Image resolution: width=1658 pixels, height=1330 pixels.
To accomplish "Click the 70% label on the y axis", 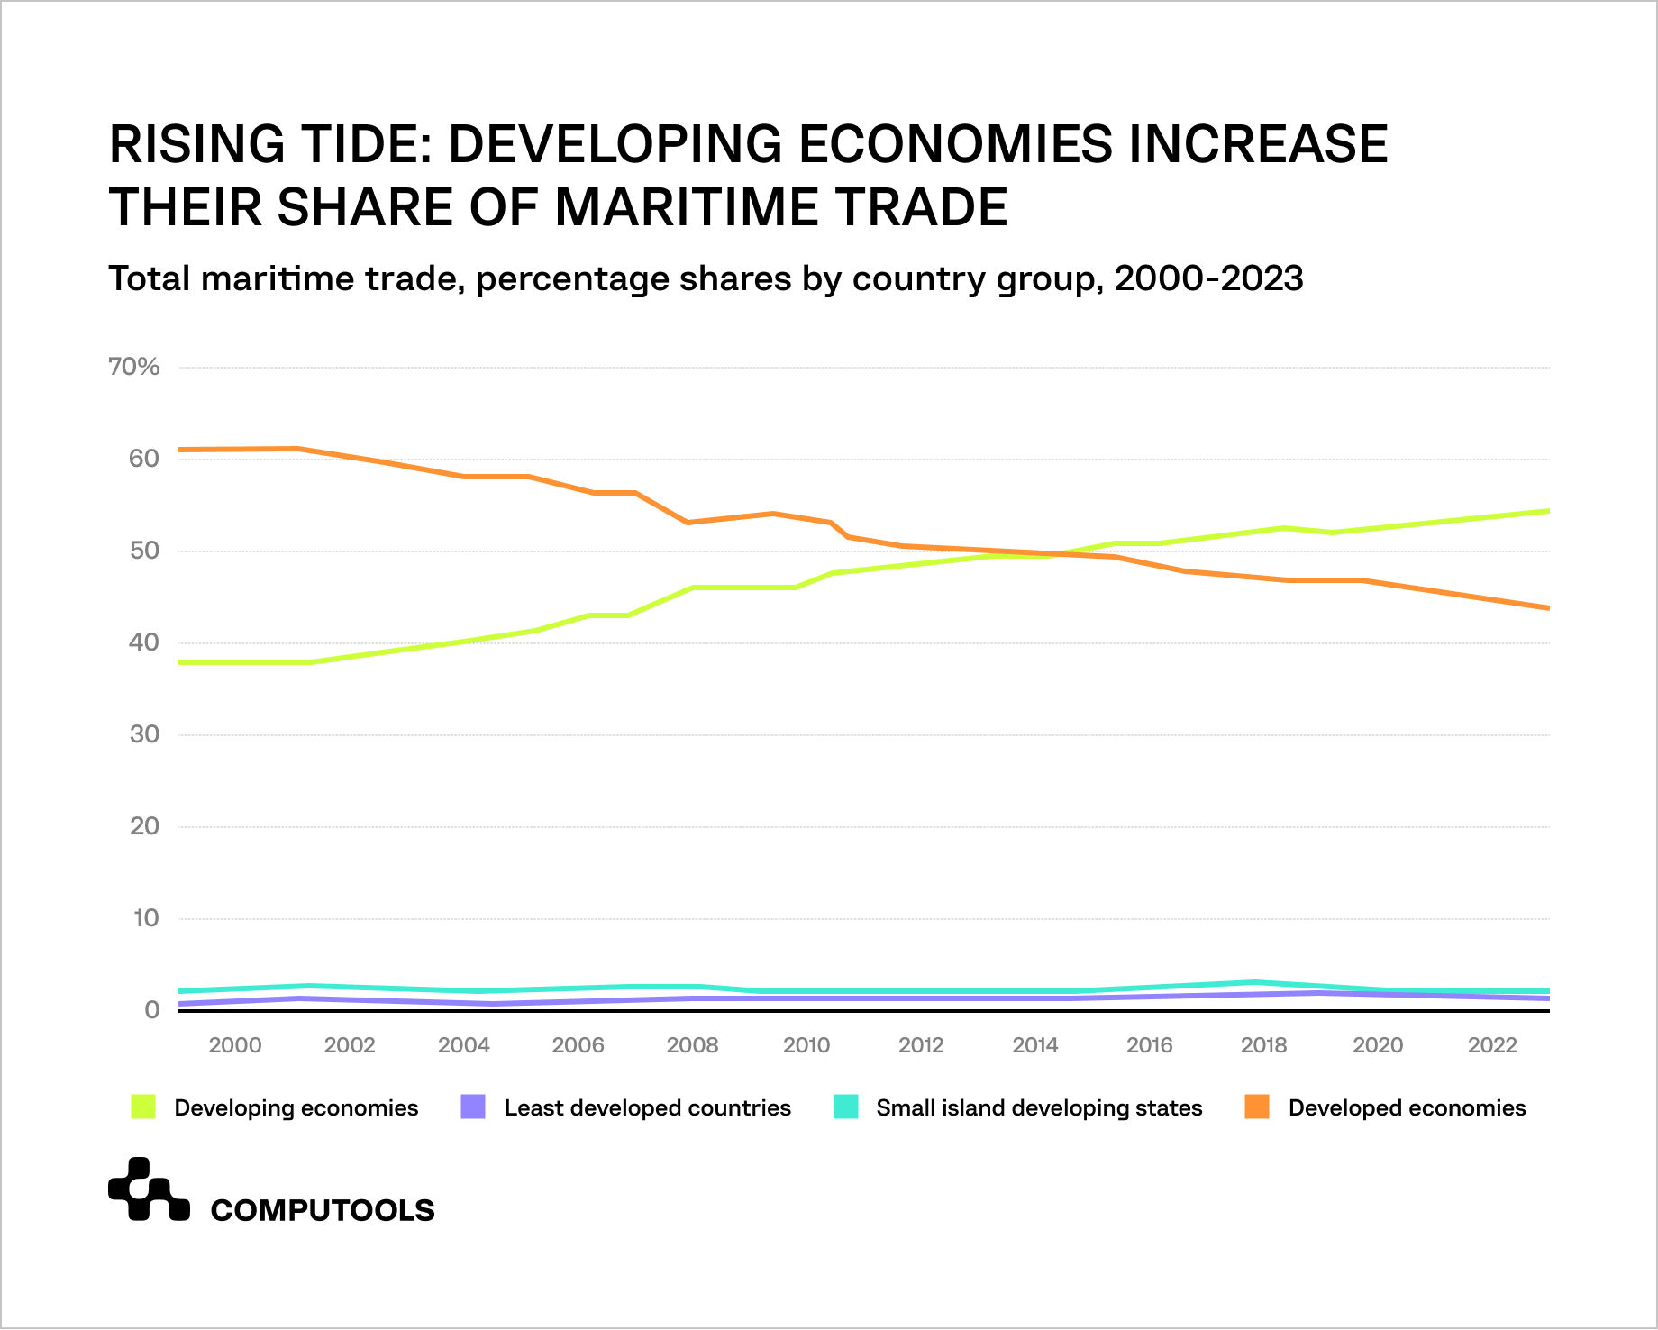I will [x=133, y=367].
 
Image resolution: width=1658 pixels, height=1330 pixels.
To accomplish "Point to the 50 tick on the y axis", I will [x=144, y=551].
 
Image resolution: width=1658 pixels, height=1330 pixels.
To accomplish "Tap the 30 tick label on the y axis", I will [x=144, y=734].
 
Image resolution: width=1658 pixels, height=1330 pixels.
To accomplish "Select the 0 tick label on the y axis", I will [x=152, y=1010].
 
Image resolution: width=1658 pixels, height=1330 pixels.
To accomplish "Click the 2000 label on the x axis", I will [x=235, y=1045].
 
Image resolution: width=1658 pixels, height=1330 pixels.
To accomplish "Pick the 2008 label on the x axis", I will [x=692, y=1045].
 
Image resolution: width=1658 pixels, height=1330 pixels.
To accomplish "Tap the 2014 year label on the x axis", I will [x=1034, y=1045].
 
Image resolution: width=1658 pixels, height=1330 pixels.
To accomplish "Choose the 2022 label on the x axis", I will [x=1492, y=1045].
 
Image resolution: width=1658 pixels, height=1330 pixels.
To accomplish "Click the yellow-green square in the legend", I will [x=143, y=1107].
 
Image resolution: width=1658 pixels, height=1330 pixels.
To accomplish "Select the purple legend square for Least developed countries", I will [x=473, y=1107].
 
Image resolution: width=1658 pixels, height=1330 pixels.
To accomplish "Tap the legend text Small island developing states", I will [x=1039, y=1107].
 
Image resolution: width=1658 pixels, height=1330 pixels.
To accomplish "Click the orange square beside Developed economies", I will [x=1257, y=1107].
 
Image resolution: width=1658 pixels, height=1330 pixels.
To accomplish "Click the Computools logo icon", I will [x=149, y=1189].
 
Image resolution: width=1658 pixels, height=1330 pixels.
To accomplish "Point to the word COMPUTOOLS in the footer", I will [x=323, y=1210].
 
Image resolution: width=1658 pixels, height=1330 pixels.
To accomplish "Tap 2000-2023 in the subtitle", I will [x=1208, y=278].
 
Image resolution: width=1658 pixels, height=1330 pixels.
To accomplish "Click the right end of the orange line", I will [x=1546, y=607].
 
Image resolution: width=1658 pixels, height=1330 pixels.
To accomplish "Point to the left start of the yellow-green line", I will [x=182, y=662].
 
